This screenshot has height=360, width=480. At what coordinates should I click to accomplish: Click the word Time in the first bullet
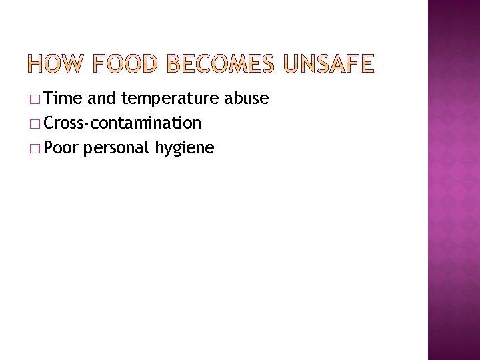(65, 99)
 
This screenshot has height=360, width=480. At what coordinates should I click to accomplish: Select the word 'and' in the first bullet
(101, 99)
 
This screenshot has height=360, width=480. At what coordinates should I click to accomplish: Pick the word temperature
(170, 100)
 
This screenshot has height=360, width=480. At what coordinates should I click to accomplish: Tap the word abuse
(247, 99)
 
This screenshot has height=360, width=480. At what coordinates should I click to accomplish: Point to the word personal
(118, 148)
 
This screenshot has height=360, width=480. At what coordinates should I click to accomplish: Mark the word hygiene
(185, 148)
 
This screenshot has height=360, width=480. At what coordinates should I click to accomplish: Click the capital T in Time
(53, 99)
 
